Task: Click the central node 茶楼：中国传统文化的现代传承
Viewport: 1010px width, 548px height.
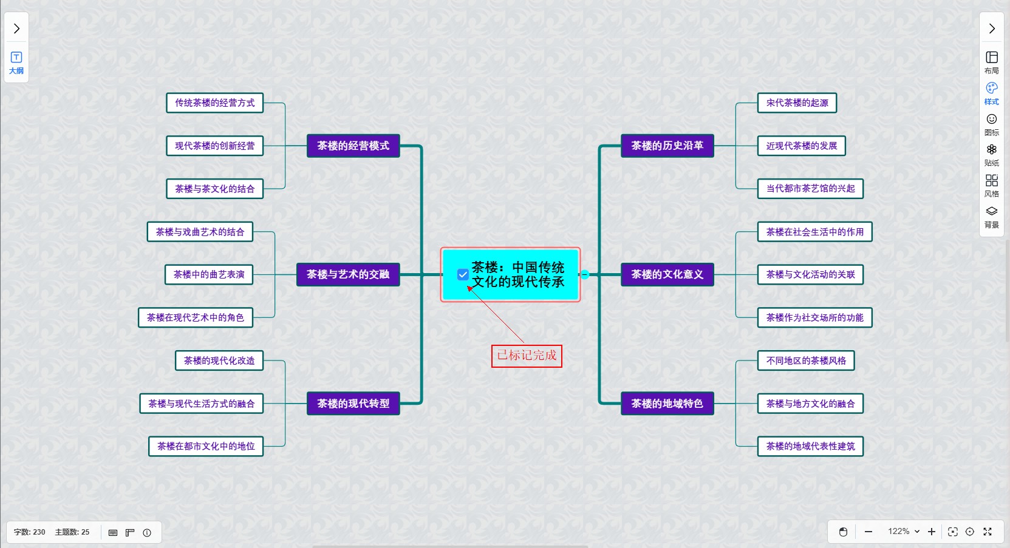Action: point(517,274)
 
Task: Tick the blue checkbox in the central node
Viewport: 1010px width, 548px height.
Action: point(463,275)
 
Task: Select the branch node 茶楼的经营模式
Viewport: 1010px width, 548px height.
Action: point(353,146)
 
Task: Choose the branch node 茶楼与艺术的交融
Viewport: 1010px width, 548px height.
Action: point(348,274)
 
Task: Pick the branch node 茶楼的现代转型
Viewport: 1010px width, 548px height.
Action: point(353,404)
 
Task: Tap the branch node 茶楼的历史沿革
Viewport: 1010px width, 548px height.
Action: point(667,146)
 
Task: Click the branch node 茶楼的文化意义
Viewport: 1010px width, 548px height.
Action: point(667,274)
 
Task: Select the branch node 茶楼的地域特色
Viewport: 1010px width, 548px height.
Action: point(667,404)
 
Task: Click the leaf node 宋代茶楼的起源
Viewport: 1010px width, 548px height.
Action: point(797,103)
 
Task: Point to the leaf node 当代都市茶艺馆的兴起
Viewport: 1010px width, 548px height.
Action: point(810,189)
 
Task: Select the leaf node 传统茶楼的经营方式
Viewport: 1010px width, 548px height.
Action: point(215,103)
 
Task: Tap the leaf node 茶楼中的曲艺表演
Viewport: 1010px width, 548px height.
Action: point(209,274)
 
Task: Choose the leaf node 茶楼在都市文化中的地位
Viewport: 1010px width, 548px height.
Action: point(206,446)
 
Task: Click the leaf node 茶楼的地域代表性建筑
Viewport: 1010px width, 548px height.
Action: point(810,446)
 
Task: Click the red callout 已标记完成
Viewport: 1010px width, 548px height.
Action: point(527,356)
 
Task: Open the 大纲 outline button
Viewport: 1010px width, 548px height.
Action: point(16,63)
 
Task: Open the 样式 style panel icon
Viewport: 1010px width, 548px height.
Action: point(991,93)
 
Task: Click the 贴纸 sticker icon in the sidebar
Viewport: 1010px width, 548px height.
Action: point(991,154)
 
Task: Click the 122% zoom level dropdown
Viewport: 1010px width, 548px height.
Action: point(903,532)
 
